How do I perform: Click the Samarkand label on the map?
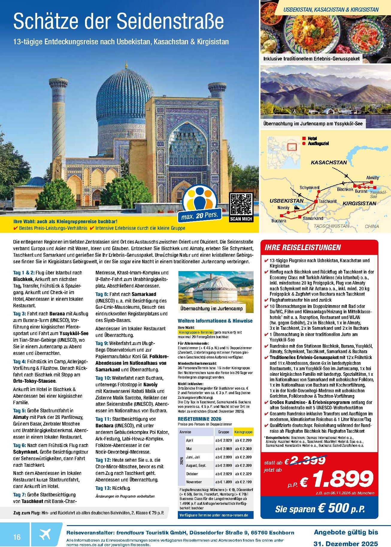313,218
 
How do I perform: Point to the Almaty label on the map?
372,178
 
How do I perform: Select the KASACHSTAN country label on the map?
329,162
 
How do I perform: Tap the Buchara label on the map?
279,221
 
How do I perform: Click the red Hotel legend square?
304,139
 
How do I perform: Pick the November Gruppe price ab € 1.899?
223,482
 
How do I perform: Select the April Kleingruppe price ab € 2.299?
243,440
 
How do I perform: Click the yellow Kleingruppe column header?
243,432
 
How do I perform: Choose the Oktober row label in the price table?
192,474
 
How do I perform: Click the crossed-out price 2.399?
309,461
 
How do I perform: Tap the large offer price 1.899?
343,480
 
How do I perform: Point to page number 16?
17,537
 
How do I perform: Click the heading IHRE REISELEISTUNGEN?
303,247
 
